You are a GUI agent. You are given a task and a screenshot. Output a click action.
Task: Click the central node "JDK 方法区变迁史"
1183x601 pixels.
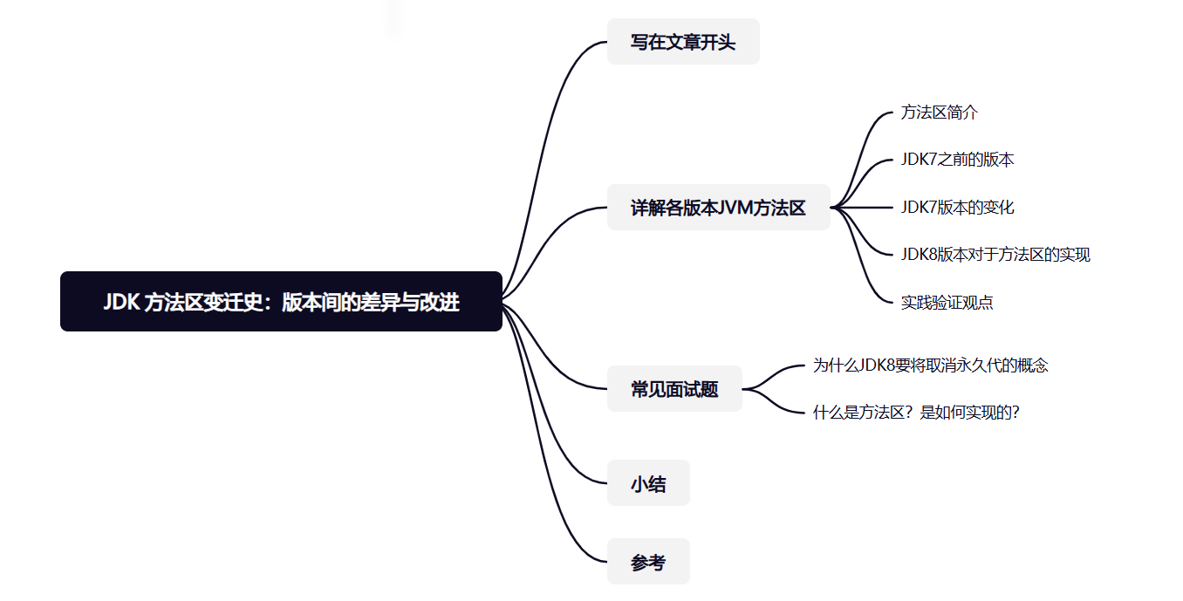(281, 302)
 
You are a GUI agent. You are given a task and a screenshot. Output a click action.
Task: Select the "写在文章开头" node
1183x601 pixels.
(683, 42)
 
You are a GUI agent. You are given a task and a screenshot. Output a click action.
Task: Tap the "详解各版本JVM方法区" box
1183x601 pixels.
(718, 208)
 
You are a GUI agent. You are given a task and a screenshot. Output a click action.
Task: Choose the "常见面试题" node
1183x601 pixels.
(674, 389)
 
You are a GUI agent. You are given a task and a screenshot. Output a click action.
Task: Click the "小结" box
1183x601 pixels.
(648, 483)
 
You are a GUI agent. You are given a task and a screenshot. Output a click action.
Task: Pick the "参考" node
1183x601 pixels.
(648, 562)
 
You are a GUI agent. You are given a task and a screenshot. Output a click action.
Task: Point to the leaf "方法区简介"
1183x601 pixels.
(940, 113)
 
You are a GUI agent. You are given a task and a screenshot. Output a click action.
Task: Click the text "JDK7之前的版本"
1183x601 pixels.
(957, 160)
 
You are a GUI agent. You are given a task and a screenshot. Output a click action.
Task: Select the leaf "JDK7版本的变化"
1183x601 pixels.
(957, 208)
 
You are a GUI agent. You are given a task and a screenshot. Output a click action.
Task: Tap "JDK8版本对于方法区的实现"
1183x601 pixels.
(995, 255)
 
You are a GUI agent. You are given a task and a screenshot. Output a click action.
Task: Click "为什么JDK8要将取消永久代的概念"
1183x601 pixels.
(930, 365)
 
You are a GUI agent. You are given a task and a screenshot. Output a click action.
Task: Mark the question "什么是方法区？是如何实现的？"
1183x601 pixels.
(916, 413)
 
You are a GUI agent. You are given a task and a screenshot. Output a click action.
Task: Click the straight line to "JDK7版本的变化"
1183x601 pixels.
(864, 208)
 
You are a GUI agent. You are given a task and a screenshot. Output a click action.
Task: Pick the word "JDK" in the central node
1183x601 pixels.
(121, 303)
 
